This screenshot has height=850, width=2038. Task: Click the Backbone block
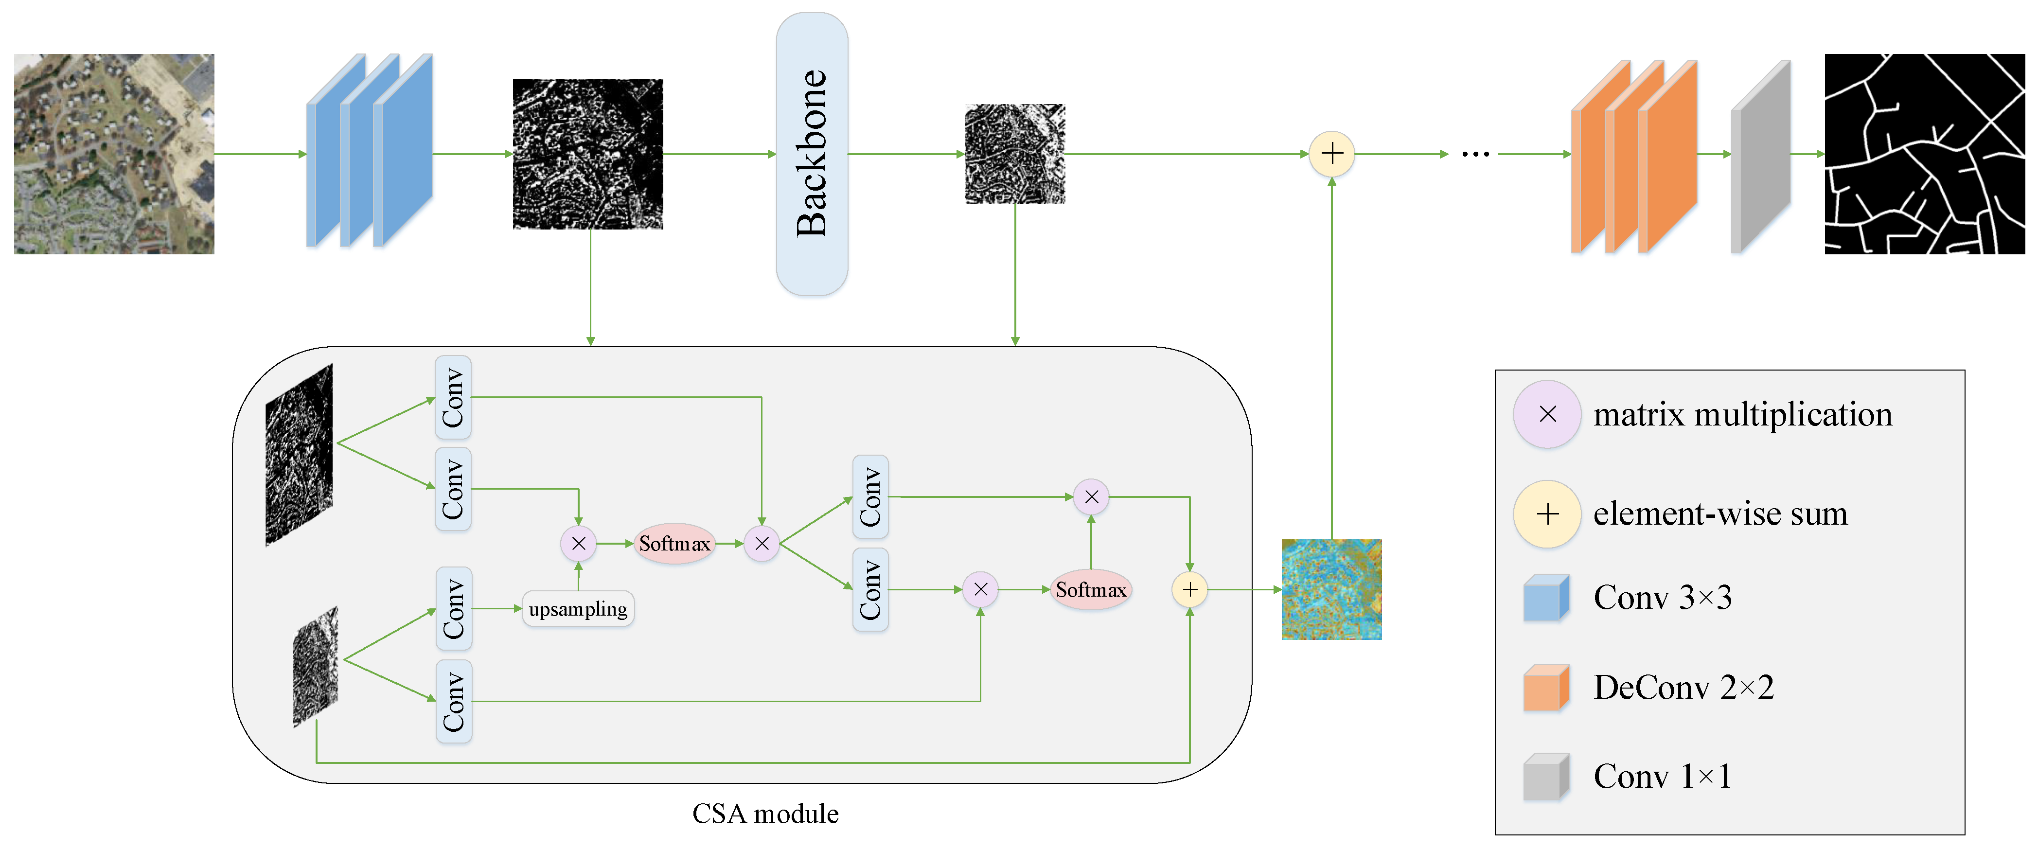(x=812, y=154)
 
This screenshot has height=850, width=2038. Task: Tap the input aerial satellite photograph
(x=114, y=154)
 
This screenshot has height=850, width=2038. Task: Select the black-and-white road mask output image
(x=1924, y=154)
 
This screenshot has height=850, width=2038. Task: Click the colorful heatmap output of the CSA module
(x=1331, y=590)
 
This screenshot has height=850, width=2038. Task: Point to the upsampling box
(x=578, y=609)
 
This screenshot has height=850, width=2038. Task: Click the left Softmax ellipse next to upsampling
(x=675, y=544)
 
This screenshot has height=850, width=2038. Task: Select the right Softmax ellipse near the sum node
(x=1091, y=590)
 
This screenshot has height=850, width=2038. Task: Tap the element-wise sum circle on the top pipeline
(x=1332, y=154)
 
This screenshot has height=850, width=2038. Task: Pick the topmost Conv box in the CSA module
(x=453, y=397)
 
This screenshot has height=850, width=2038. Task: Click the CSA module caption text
(x=765, y=814)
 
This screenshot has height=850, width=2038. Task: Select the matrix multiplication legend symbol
(x=1547, y=414)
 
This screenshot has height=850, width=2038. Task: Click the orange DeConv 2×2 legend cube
(x=1546, y=688)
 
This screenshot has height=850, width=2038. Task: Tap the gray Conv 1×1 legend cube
(x=1546, y=777)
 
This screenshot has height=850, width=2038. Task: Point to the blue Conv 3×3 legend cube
(x=1546, y=598)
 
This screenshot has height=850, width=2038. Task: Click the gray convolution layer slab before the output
(x=1760, y=157)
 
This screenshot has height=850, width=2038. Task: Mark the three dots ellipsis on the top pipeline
(x=1475, y=154)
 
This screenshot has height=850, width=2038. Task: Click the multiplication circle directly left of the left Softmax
(x=578, y=544)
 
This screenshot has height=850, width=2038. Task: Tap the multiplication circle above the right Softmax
(x=1092, y=497)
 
